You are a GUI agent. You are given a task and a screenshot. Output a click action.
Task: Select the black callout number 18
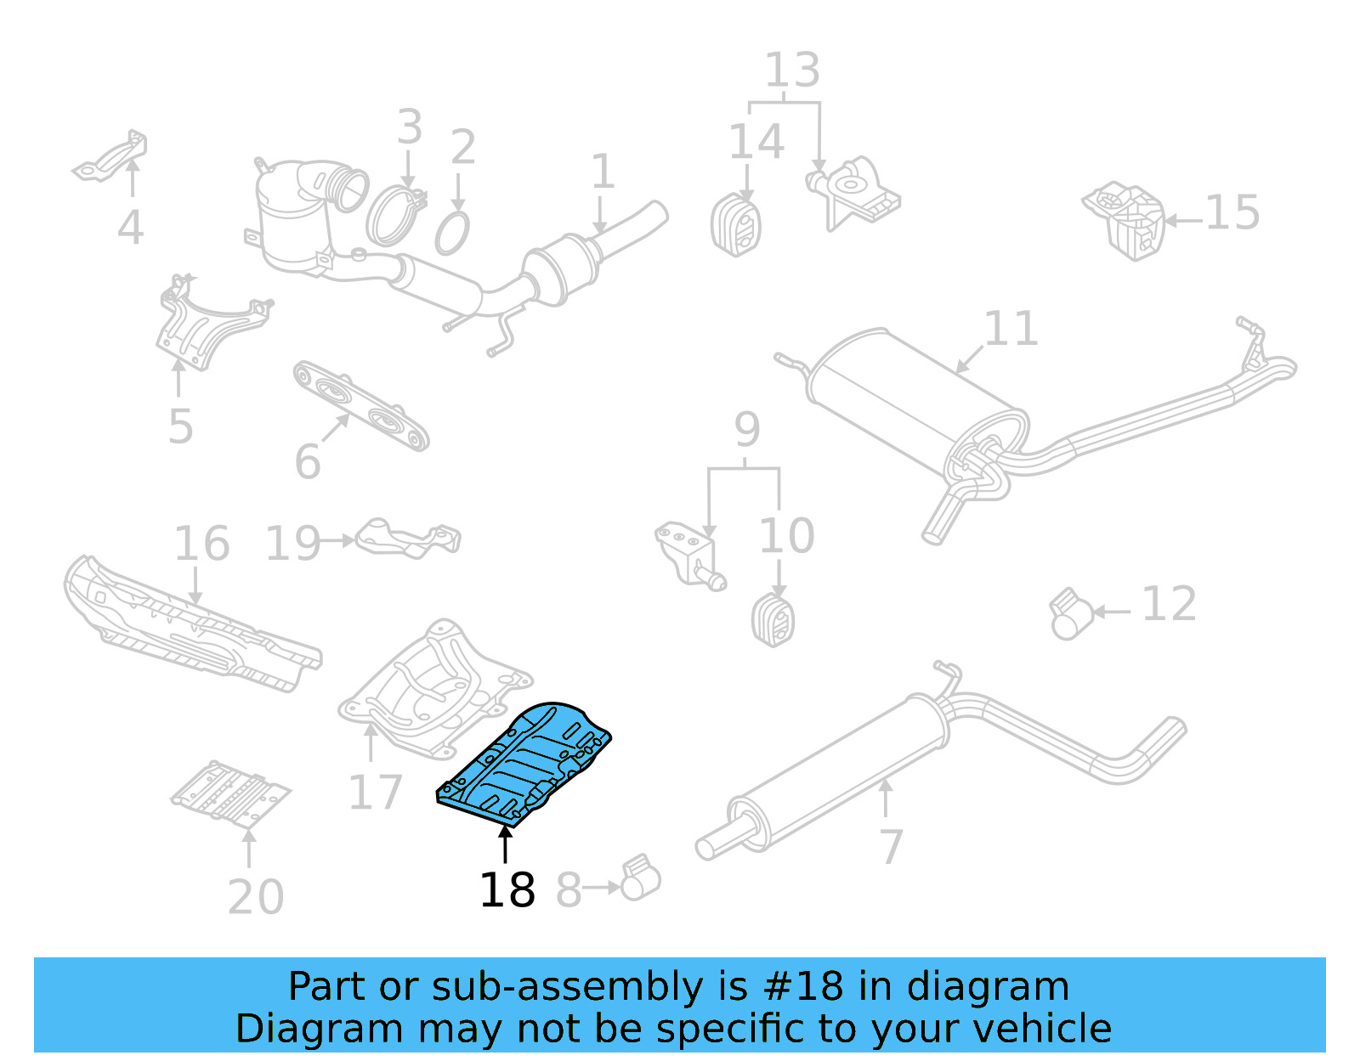507,890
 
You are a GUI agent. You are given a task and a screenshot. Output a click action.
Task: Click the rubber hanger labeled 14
735,225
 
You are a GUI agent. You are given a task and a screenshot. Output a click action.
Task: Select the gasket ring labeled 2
452,234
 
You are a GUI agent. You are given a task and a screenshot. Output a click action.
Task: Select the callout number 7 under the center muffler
890,846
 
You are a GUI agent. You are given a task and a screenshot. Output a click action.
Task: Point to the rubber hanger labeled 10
773,620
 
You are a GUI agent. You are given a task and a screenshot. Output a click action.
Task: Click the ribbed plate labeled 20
229,794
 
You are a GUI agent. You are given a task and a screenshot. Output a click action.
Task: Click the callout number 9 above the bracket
746,430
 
